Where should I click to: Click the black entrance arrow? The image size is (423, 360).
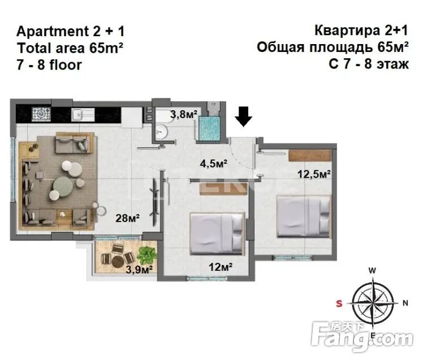[243, 116]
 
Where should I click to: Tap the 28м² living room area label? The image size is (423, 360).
[127, 218]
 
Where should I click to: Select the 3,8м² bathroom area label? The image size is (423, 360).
[183, 114]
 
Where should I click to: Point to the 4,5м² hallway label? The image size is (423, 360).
[213, 163]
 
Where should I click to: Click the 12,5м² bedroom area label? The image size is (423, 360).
[314, 174]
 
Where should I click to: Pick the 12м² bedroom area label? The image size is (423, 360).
[221, 267]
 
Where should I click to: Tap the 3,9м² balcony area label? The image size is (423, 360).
[139, 269]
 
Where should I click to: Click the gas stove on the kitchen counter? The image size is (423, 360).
[41, 114]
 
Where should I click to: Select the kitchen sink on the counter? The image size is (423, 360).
[83, 115]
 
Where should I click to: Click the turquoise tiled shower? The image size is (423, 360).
[209, 128]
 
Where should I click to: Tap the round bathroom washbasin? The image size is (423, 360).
[162, 132]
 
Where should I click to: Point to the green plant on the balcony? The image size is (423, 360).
[147, 255]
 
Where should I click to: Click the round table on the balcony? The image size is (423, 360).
[118, 261]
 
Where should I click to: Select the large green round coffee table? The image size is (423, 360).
[63, 185]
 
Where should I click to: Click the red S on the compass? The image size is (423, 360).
[339, 303]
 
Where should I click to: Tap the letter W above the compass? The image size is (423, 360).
[372, 271]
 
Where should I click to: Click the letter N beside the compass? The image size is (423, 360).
[405, 303]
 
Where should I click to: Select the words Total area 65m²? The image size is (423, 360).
[70, 48]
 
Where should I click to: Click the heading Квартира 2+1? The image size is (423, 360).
[361, 31]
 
